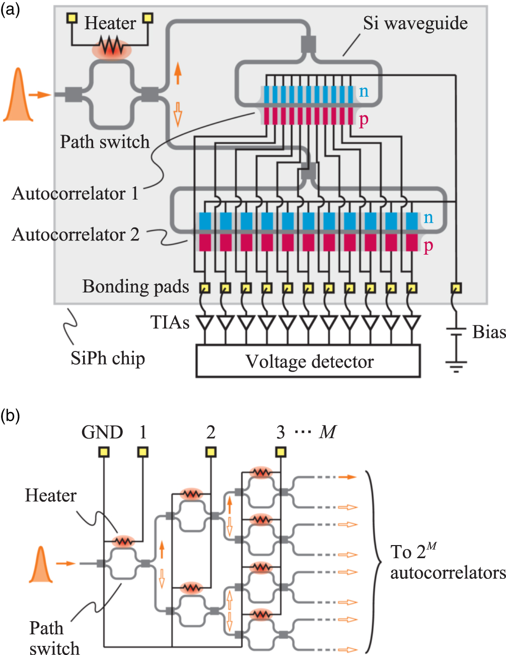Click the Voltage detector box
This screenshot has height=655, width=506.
(x=308, y=361)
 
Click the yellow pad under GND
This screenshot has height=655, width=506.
(x=103, y=452)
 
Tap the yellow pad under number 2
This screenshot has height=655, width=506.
(x=210, y=452)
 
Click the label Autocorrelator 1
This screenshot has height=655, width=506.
(x=75, y=194)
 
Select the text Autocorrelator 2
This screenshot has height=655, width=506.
(x=76, y=235)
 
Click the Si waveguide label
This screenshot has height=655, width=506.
(x=415, y=23)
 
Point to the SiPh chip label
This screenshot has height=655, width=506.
(x=108, y=359)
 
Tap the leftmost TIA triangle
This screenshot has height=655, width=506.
(x=205, y=322)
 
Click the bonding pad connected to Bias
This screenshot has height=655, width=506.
(x=456, y=288)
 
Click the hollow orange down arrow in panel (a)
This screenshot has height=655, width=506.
(x=177, y=113)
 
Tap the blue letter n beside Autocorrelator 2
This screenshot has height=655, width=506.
(x=428, y=217)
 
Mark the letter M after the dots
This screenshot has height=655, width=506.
(x=328, y=432)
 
